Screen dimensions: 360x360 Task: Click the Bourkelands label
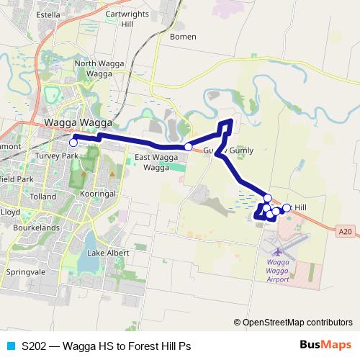coord(35,227)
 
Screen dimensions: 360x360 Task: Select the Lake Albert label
coord(107,253)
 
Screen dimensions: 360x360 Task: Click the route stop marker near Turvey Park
coord(73,143)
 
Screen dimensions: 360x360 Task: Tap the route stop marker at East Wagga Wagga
coord(189,146)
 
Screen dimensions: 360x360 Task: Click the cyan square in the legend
coord(9,346)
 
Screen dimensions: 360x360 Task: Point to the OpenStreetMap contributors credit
coord(297,323)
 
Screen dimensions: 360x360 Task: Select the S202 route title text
coord(107,346)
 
